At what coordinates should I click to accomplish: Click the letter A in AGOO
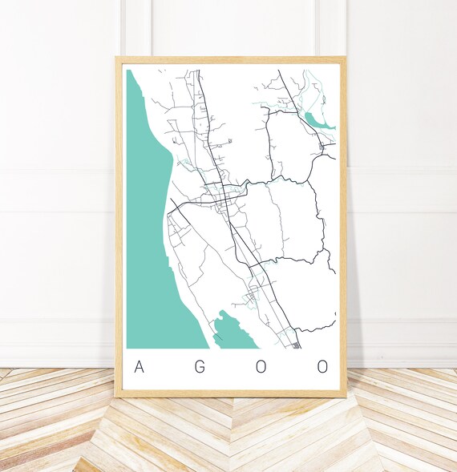click(140, 367)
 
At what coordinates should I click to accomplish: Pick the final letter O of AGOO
click(322, 367)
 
